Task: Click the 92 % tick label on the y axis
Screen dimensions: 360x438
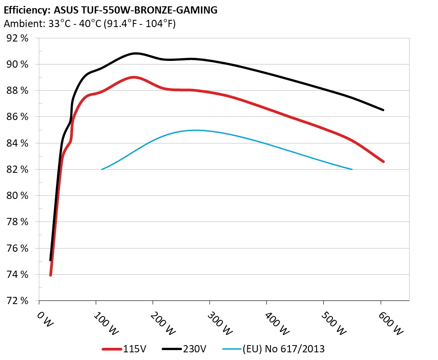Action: click(18, 38)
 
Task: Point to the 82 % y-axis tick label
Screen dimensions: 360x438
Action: click(18, 170)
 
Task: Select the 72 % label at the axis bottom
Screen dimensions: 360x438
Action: click(18, 301)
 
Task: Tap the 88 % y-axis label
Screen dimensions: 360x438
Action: click(18, 91)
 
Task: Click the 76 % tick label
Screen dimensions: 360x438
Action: click(18, 249)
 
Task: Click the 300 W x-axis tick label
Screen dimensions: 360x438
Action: click(215, 323)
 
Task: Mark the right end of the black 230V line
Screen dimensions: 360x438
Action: click(383, 110)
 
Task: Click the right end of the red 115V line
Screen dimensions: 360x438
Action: click(383, 162)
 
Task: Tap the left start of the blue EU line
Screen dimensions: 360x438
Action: click(102, 170)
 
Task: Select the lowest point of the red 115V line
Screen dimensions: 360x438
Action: click(51, 275)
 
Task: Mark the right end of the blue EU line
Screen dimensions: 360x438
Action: click(352, 170)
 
